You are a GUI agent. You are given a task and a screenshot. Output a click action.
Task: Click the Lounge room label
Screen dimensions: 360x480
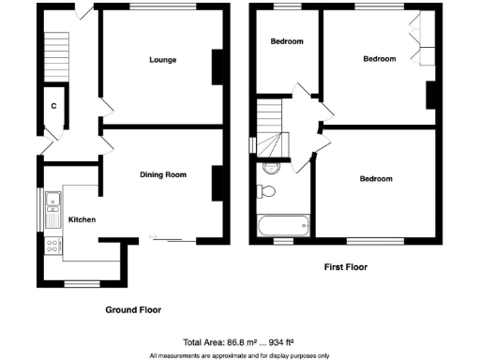click(163, 60)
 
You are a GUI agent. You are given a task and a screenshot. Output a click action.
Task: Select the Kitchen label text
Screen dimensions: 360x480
click(82, 219)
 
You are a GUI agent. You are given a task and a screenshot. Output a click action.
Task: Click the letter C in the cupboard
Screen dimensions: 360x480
click(53, 107)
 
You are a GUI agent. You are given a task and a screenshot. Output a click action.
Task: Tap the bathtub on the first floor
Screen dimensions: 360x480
click(282, 226)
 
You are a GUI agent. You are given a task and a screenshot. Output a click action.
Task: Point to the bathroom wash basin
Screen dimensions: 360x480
click(271, 167)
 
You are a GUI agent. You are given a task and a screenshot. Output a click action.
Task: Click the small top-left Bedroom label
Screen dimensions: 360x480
click(287, 41)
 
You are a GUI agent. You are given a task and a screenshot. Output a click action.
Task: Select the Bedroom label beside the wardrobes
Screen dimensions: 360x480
click(380, 58)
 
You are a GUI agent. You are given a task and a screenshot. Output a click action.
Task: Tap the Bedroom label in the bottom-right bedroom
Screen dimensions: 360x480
click(376, 178)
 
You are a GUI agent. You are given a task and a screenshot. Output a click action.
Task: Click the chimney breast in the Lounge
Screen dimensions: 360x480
click(218, 67)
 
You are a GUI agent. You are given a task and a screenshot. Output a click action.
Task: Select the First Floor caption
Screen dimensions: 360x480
click(345, 267)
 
